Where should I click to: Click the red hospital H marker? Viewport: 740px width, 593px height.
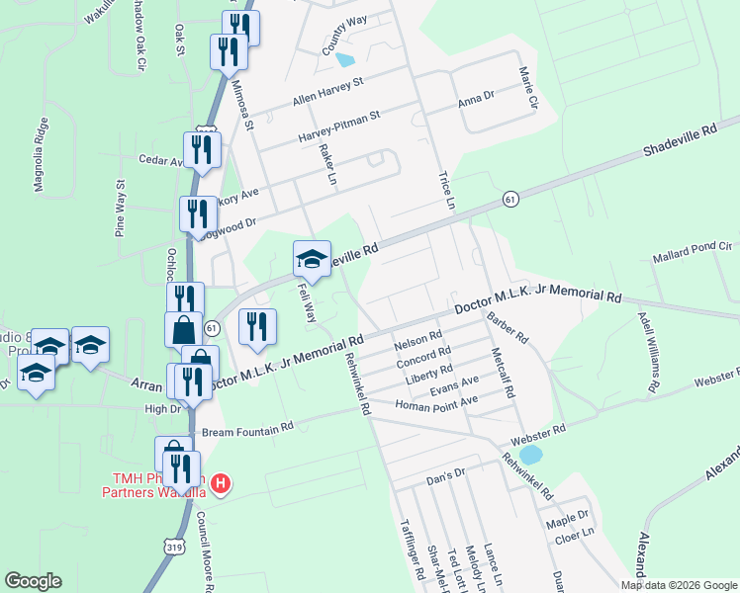(222, 484)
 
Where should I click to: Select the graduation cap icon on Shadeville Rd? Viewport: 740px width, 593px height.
(312, 259)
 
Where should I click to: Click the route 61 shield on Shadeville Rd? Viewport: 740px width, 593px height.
(509, 199)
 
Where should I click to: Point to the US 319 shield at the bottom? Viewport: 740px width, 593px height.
(174, 545)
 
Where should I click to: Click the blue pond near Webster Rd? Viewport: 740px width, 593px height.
(531, 455)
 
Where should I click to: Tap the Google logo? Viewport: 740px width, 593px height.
(33, 581)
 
